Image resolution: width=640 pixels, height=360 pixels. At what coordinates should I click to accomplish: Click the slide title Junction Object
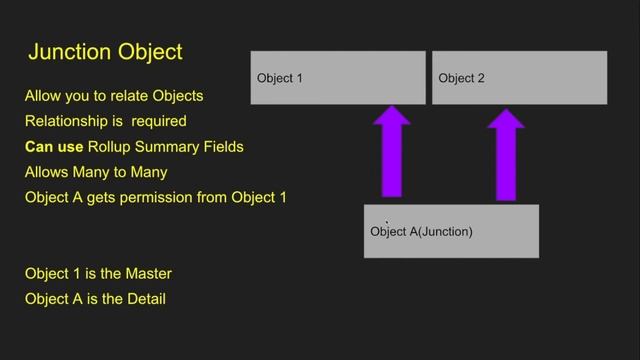pos(105,51)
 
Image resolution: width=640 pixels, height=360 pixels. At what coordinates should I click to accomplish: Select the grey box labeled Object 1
pos(338,77)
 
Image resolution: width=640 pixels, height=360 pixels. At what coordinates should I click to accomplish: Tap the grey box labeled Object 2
pos(519,77)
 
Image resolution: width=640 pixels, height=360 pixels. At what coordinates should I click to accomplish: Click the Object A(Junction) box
pos(451,231)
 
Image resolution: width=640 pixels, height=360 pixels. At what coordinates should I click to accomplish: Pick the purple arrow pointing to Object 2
pos(506,155)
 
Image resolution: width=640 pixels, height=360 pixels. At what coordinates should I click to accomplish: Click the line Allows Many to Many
pos(96,172)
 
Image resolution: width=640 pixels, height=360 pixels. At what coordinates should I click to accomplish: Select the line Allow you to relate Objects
pos(114,96)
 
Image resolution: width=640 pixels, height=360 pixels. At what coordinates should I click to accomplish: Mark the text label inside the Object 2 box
pos(461,78)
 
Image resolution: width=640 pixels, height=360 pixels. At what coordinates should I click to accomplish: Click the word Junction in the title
pos(69,51)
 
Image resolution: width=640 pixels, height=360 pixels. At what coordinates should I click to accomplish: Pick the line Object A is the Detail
pos(95,298)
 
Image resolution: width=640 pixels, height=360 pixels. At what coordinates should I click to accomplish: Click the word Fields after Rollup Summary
pos(222,147)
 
